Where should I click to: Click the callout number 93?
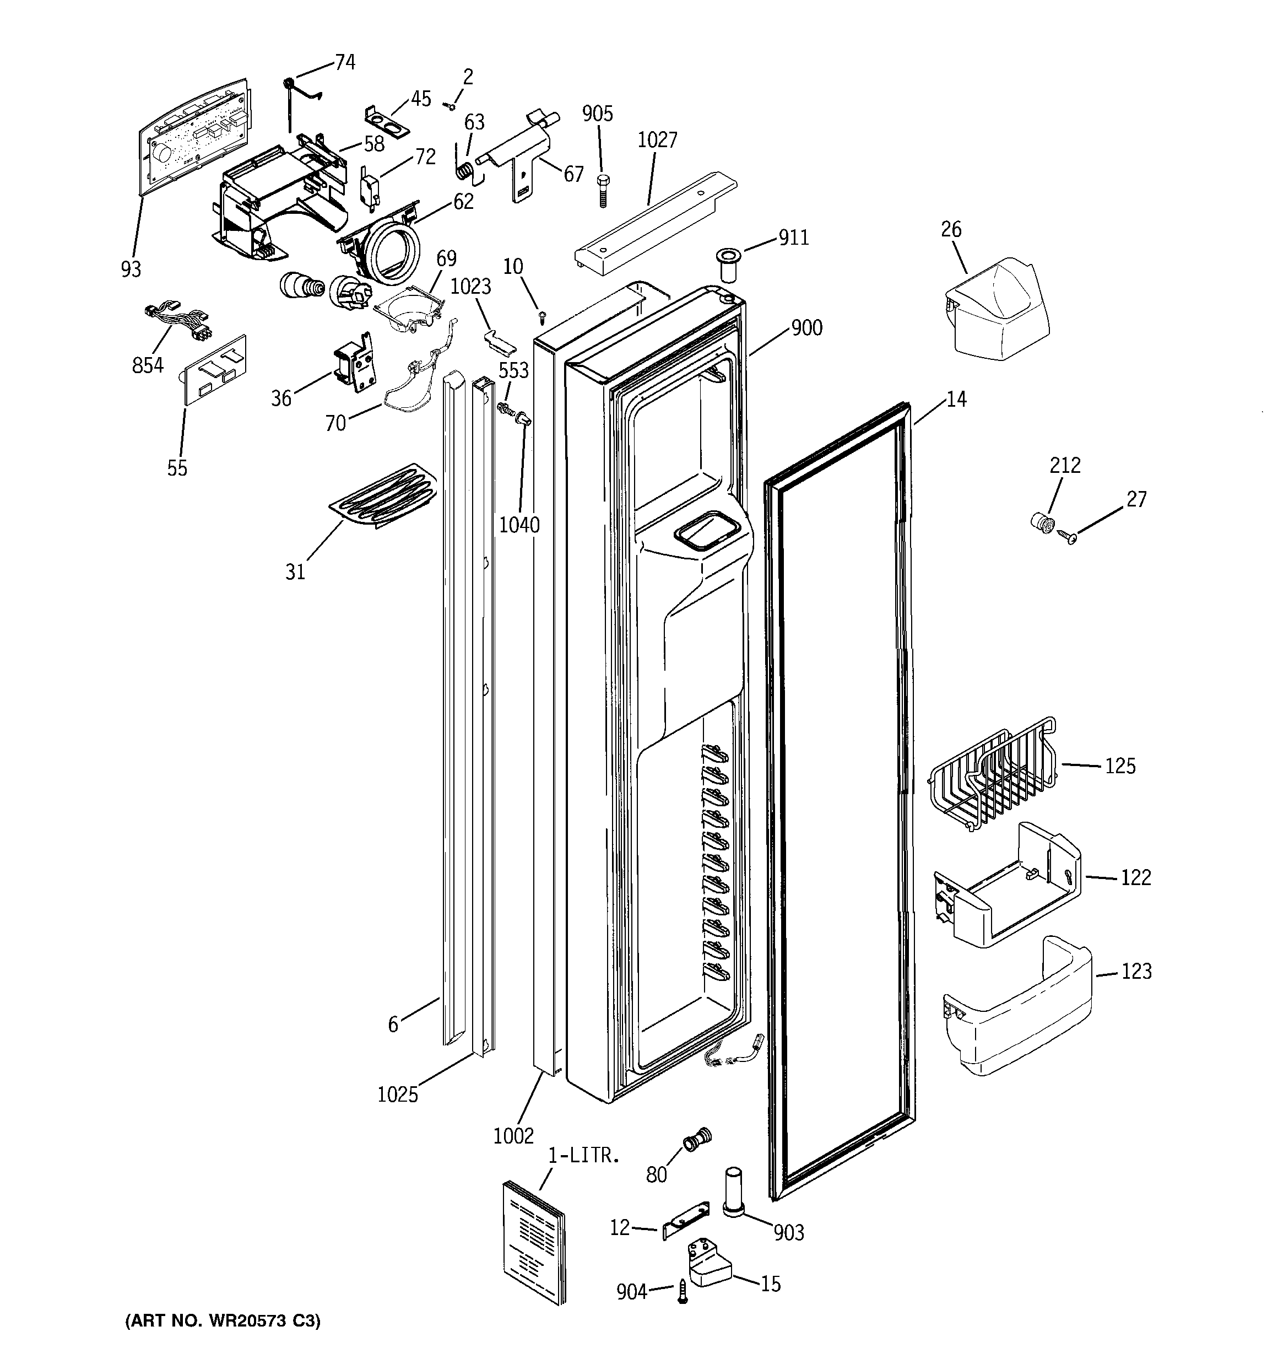click(131, 269)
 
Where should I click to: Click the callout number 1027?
click(657, 140)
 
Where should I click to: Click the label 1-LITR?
click(583, 1156)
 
